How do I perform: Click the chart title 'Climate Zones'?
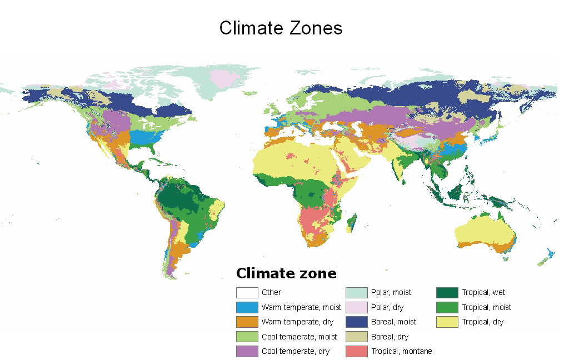click(x=281, y=28)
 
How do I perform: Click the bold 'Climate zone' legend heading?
click(x=286, y=273)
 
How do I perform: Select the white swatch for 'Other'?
click(x=247, y=292)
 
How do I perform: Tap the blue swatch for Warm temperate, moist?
click(x=247, y=307)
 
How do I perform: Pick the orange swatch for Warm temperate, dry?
click(x=247, y=322)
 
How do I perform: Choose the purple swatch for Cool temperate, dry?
click(x=247, y=351)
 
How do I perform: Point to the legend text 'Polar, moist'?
click(x=391, y=292)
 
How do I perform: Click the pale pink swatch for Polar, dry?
click(x=356, y=307)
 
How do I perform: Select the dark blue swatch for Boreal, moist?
click(x=356, y=322)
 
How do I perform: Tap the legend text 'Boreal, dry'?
click(x=390, y=337)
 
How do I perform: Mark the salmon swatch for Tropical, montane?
click(x=356, y=351)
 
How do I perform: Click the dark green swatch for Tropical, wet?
click(x=447, y=292)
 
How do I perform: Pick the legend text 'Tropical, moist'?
click(x=487, y=307)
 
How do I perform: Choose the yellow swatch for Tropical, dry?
click(x=447, y=322)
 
